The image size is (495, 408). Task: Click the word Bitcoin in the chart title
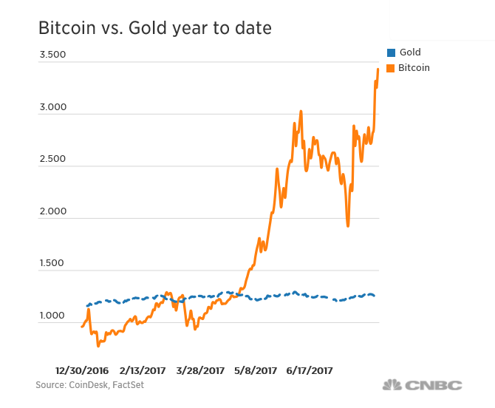[70, 29]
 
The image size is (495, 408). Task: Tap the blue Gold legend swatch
[391, 52]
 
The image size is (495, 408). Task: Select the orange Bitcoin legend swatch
[391, 68]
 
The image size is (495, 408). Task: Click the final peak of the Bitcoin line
[378, 69]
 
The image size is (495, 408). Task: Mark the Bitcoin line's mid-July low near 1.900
[347, 225]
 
